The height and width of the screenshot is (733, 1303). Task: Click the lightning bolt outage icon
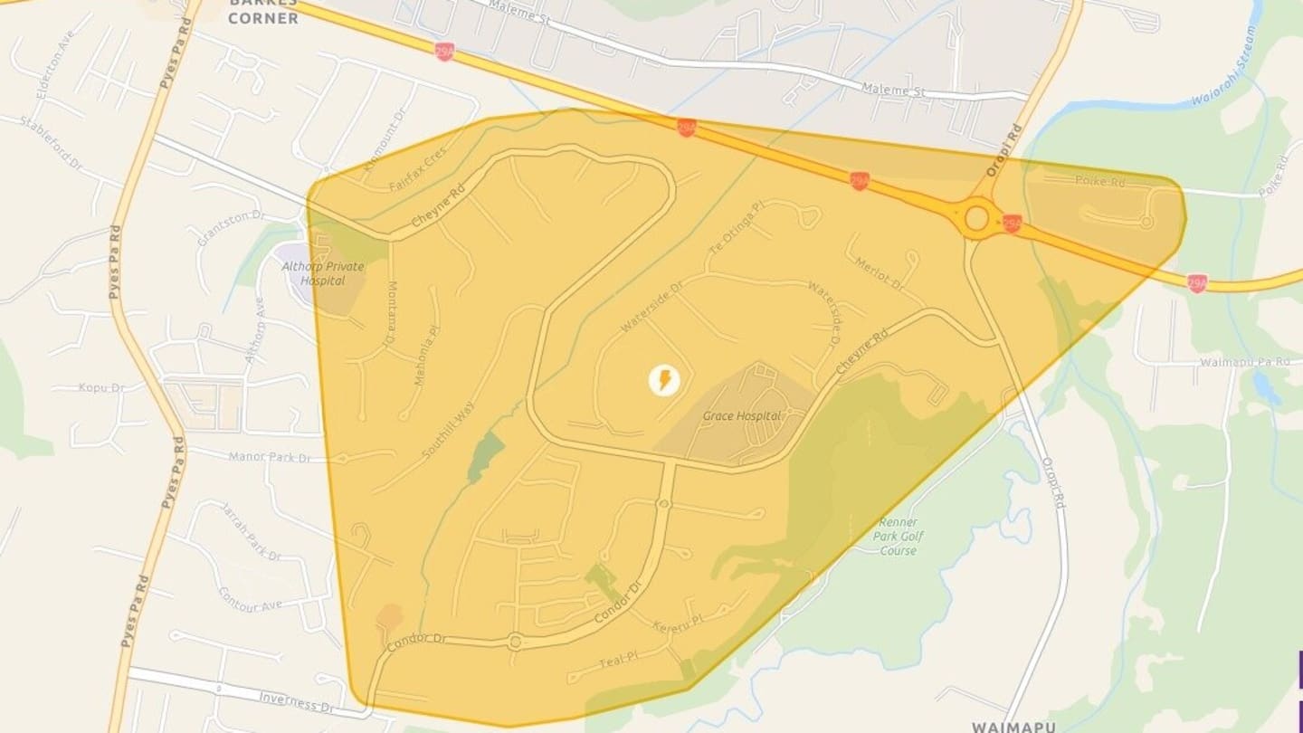point(664,380)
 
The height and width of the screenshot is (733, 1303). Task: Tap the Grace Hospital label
point(741,416)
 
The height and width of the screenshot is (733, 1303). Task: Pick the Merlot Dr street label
point(879,271)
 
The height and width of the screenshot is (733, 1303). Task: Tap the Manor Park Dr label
point(269,457)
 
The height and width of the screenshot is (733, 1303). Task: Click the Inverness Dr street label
point(290,700)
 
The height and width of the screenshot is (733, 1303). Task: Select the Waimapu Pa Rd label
point(1244,362)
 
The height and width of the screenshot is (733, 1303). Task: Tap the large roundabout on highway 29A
point(976,218)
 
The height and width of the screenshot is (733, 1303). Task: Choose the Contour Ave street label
point(251,599)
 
